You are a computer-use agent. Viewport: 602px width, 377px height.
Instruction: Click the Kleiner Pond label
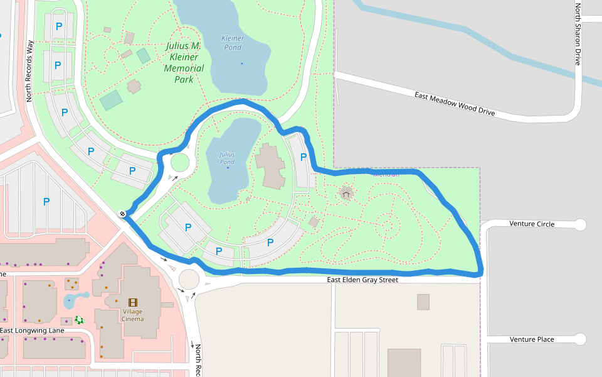tap(232, 43)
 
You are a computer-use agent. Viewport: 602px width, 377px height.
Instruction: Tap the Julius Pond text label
tap(227, 158)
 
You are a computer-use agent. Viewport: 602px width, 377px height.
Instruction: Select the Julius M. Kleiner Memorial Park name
tap(184, 62)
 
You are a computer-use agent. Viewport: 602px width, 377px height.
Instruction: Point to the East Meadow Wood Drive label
tap(455, 104)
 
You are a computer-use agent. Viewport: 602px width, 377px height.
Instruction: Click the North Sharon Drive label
tap(578, 34)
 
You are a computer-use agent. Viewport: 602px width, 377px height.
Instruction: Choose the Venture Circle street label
tap(532, 224)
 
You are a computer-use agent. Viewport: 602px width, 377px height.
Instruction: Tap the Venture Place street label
tap(532, 339)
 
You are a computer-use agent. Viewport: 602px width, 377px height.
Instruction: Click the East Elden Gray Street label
tap(362, 280)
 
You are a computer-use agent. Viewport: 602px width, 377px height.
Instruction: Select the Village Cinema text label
tap(133, 315)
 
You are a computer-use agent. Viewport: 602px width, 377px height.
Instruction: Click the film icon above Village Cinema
tap(133, 302)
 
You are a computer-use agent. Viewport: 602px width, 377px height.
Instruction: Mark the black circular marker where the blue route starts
tap(123, 214)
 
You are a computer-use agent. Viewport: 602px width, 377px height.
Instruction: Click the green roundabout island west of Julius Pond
tap(180, 163)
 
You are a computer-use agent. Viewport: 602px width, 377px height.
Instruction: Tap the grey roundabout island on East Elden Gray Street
tap(189, 278)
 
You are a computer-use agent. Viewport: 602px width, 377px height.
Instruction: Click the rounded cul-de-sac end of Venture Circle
tap(580, 224)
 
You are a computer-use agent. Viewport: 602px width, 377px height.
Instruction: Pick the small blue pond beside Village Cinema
tap(74, 300)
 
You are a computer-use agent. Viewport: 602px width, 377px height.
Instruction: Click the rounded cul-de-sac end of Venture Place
tap(580, 339)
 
